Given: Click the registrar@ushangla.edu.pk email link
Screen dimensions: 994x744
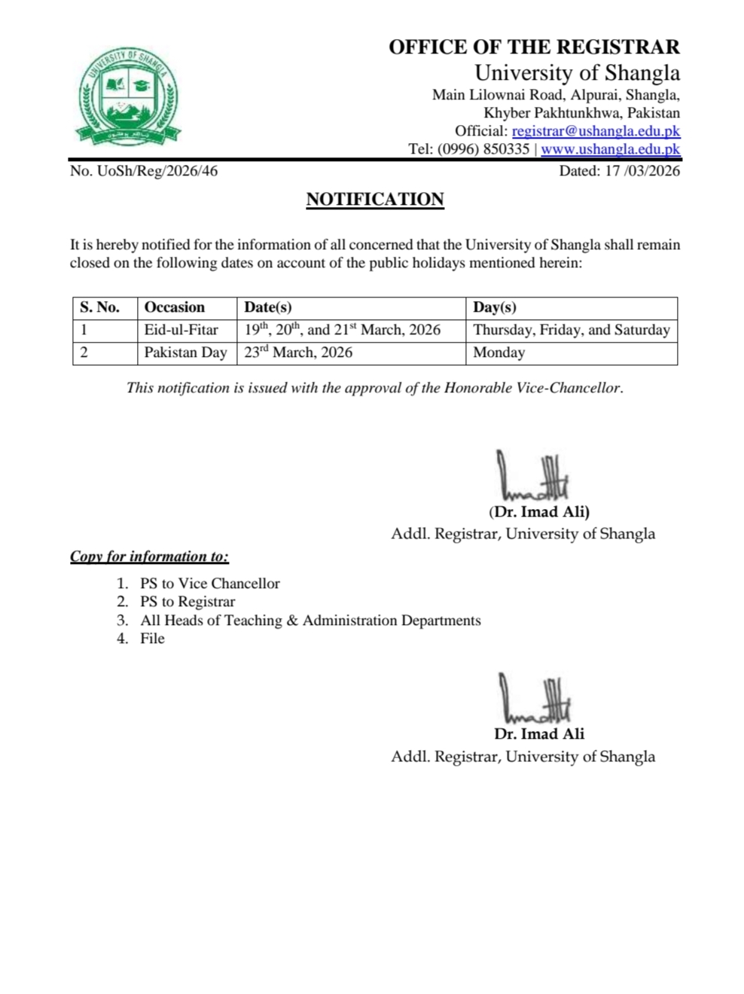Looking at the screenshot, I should coord(596,131).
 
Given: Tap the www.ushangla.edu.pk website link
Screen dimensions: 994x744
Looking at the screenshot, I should coord(610,149).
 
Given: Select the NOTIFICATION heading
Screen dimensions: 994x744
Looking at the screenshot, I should coord(374,200).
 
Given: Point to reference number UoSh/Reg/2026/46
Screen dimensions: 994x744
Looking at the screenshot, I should coord(144,171).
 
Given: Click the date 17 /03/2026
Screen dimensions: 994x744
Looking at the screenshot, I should coord(619,171).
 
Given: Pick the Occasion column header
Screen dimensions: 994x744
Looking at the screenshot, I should coord(175,307).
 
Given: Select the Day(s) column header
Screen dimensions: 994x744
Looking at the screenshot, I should coord(495,307).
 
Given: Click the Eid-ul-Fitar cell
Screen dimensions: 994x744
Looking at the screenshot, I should coord(181,330).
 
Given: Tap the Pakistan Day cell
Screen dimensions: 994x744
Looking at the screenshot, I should coord(185,352).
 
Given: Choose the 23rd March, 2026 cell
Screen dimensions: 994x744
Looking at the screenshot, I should coord(298,352).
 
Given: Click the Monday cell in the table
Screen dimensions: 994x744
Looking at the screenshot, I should coord(499,352).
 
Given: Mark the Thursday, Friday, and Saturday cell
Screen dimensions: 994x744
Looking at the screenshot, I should coord(571,330).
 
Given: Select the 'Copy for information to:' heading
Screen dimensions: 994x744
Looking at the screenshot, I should coord(149,556).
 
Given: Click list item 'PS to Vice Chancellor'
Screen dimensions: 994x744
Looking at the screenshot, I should coord(209,584).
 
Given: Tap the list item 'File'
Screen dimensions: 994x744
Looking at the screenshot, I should coord(152,639).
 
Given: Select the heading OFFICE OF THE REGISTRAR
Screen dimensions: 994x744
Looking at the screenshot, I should coord(534,47).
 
